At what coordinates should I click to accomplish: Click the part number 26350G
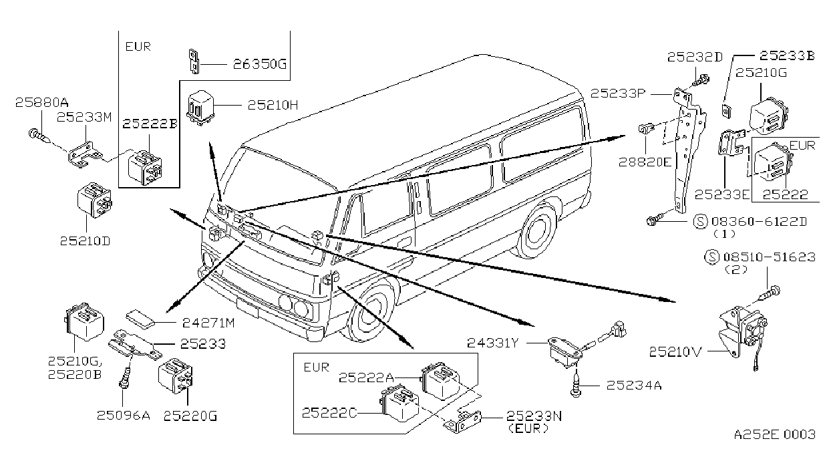(x=259, y=65)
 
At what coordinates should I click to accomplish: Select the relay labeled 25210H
(x=200, y=108)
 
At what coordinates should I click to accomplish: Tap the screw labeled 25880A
(x=39, y=136)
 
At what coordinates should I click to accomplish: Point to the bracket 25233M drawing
(x=85, y=154)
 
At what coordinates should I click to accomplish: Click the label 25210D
(x=85, y=241)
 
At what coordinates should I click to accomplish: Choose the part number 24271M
(x=208, y=323)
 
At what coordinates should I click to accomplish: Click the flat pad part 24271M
(x=140, y=319)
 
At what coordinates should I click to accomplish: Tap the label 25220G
(x=190, y=416)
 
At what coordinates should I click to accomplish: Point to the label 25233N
(x=534, y=416)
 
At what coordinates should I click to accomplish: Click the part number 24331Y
(x=493, y=343)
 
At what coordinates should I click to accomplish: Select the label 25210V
(x=675, y=352)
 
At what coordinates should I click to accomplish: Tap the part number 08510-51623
(x=770, y=257)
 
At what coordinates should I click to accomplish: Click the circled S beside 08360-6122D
(x=700, y=221)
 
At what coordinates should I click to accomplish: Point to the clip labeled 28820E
(x=647, y=129)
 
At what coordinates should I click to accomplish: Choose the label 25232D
(x=695, y=57)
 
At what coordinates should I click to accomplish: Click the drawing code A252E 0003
(x=774, y=434)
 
